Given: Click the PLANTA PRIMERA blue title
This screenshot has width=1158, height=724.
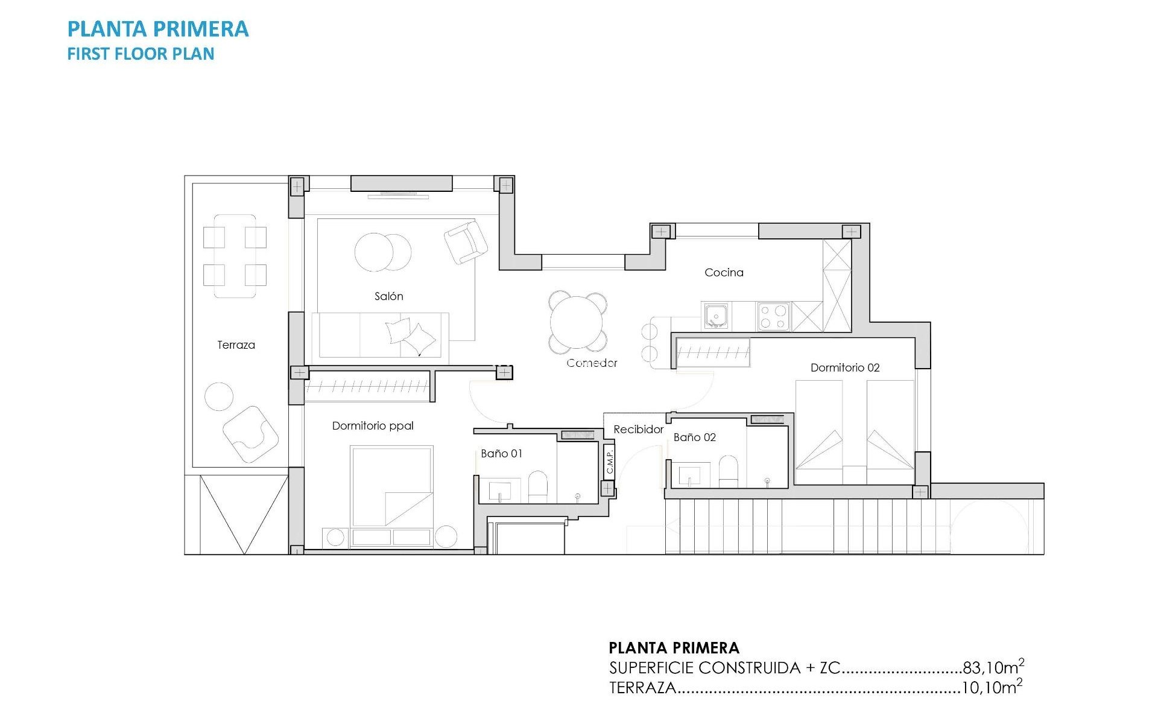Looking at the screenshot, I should (158, 29).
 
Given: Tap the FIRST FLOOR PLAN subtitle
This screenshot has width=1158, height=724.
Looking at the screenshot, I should (141, 54).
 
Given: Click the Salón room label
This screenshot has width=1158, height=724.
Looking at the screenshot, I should (388, 296).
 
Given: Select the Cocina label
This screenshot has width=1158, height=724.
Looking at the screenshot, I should (724, 273).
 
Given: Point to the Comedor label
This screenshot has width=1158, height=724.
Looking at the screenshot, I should (592, 363).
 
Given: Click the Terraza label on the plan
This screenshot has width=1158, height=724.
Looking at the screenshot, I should (236, 345).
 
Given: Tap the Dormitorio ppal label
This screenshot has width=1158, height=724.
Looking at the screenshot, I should (373, 426).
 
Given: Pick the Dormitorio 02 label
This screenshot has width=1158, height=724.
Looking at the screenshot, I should (844, 367).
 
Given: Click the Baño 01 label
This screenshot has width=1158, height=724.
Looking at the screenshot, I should (501, 454).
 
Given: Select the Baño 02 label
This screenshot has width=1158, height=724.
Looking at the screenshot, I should (694, 437).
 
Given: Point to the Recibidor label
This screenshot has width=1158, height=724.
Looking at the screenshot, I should (638, 430).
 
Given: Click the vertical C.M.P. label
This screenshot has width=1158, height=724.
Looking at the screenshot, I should (609, 462).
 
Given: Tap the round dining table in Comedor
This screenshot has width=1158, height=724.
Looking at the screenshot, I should (577, 322).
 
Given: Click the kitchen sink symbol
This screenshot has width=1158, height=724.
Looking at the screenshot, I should (716, 316).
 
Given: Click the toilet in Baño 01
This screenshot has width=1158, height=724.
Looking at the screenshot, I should (537, 486).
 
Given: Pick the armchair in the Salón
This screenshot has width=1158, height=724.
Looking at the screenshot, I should (466, 242).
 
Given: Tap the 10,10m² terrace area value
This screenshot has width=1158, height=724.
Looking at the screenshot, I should (991, 687).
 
